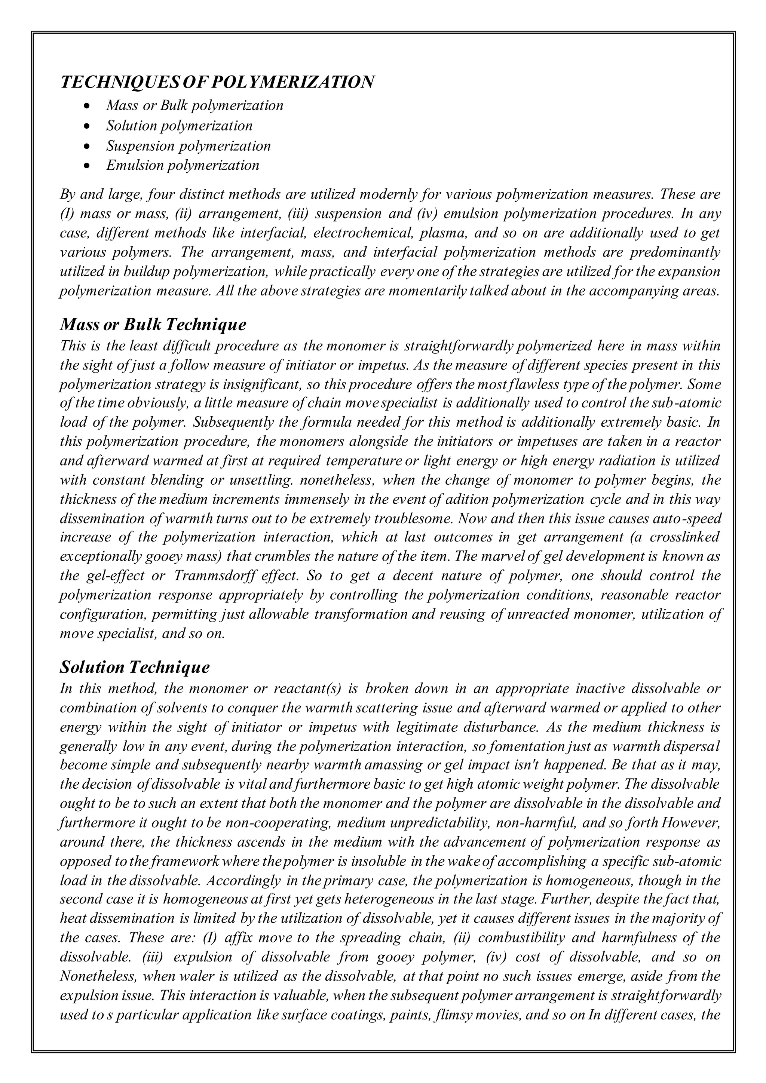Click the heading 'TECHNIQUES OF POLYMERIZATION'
tap(217, 82)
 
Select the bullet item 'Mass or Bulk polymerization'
tap(194, 105)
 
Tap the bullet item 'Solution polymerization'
tap(179, 126)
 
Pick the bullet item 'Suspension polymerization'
tap(188, 146)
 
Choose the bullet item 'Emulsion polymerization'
tap(183, 166)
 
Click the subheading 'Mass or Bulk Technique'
tap(153, 325)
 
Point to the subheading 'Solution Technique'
tap(135, 668)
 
